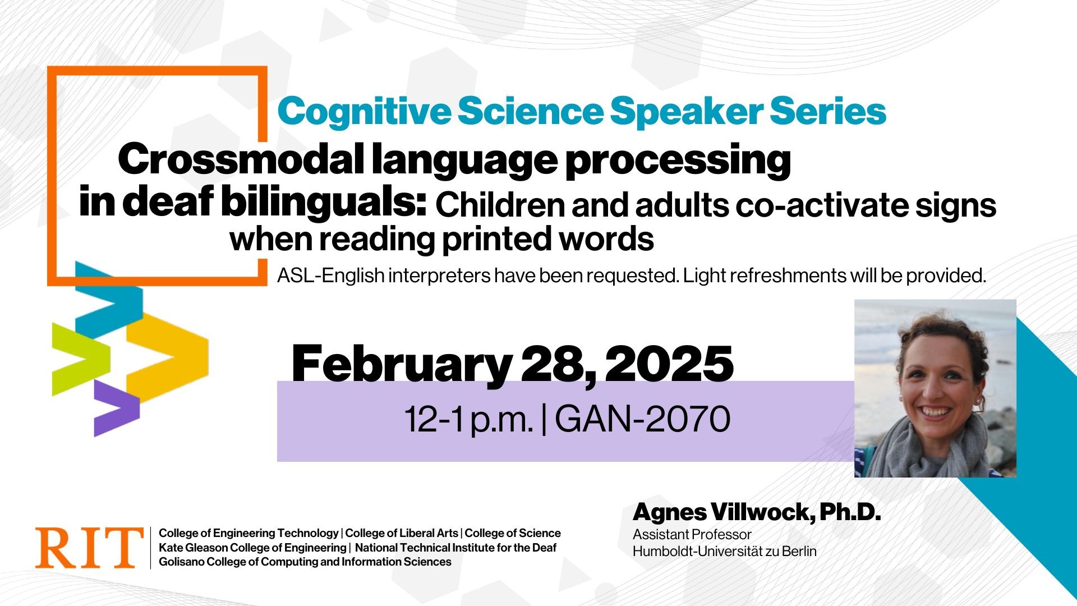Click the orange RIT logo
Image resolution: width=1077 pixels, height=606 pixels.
[x=89, y=548]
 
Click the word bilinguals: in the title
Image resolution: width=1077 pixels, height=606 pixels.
[x=324, y=203]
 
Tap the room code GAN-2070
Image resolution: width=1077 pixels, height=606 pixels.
[x=643, y=419]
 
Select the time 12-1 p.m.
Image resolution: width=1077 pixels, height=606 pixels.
[x=468, y=419]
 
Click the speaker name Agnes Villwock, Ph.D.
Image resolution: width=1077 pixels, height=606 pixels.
[x=756, y=512]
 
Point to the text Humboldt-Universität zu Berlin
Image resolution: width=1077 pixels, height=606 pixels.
[x=724, y=552]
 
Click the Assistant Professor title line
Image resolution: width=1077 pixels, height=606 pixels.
[x=692, y=534]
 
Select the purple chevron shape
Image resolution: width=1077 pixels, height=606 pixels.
[x=115, y=408]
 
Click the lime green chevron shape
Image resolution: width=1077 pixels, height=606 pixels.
[x=79, y=359]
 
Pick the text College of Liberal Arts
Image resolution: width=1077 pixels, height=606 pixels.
[x=402, y=533]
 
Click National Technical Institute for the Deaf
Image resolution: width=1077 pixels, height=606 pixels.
[x=455, y=548]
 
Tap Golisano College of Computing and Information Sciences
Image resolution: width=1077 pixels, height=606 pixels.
[x=305, y=562]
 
